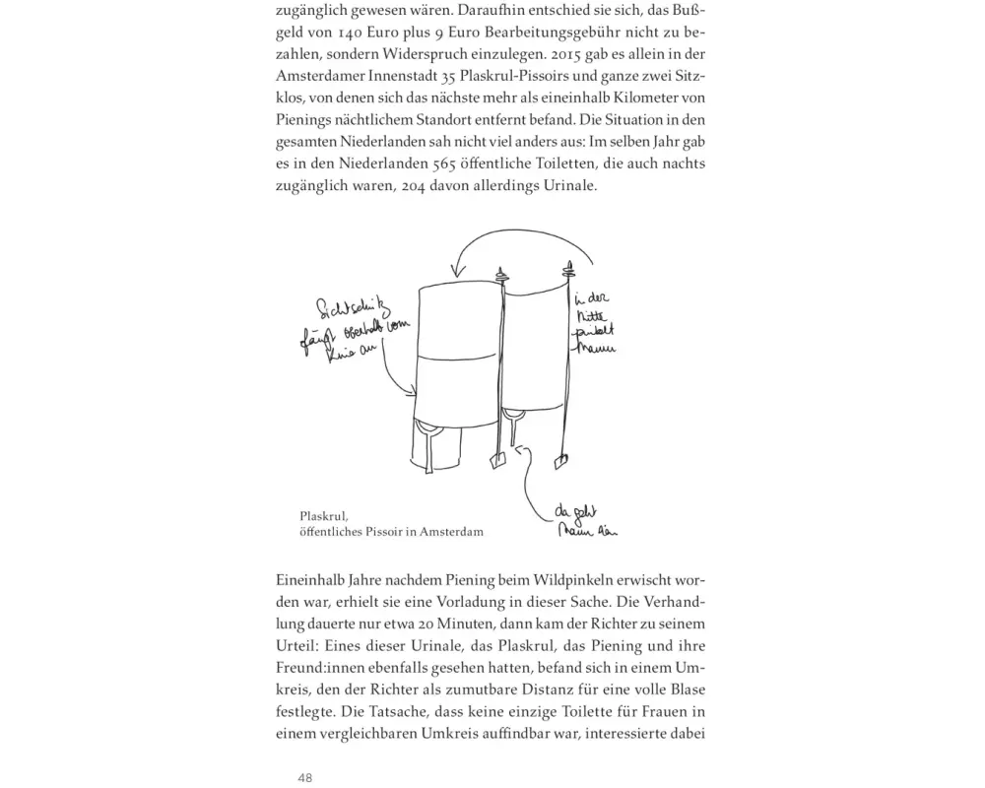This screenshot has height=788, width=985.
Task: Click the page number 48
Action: [305, 777]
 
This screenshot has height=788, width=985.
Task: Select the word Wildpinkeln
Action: [568, 578]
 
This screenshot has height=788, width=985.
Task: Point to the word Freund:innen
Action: [321, 668]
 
